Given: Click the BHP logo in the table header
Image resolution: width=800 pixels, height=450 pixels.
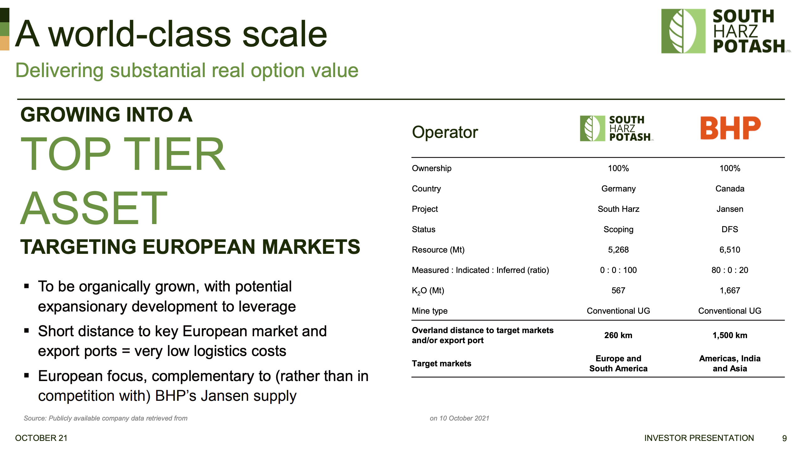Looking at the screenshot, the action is coord(730,128).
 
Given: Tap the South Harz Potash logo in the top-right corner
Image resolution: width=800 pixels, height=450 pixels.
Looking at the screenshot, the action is coord(726,31).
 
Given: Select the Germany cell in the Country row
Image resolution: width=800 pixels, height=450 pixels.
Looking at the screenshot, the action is coord(618,189).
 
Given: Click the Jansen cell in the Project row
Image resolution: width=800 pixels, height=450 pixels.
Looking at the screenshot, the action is coord(730,209).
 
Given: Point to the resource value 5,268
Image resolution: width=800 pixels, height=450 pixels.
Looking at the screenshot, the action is coord(618,250).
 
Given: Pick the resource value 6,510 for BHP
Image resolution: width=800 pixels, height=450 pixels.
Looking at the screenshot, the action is coord(730,250).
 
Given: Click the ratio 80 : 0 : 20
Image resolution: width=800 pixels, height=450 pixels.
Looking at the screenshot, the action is coord(730,270).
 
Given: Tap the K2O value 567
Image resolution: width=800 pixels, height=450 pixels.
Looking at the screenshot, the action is coord(618,290).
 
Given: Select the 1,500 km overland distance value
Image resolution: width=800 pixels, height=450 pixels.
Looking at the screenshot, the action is coord(730,335).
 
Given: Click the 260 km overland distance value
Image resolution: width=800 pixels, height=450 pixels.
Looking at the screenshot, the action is coord(618,335).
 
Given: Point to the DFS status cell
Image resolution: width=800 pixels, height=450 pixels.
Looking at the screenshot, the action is coord(730,229).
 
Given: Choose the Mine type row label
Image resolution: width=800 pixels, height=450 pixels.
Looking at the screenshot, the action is coord(429,311).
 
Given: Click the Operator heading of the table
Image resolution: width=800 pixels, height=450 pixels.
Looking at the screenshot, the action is coord(445,132).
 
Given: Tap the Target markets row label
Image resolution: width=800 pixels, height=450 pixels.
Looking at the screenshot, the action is coord(441,364).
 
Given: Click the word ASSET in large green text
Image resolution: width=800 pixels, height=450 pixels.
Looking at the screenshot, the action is coord(94,208).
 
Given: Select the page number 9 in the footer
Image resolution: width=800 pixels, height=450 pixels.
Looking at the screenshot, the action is coord(784,438).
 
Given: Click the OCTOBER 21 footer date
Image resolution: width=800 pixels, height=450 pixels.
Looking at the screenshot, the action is coord(41,438).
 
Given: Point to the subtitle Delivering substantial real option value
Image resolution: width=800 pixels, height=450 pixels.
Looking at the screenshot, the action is coord(187,71).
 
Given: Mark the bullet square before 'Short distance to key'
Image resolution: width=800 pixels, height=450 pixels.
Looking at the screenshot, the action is coord(26,331).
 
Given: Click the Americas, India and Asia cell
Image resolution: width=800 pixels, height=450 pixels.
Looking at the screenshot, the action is coord(730,364).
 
